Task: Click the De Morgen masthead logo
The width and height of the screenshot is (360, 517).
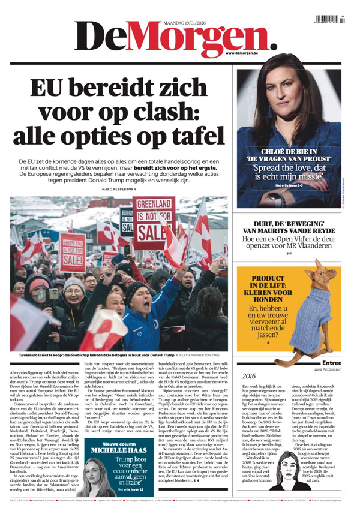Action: click(174, 38)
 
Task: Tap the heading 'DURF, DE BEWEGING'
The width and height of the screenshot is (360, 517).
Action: click(290, 228)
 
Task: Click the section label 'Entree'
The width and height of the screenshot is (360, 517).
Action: click(332, 363)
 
